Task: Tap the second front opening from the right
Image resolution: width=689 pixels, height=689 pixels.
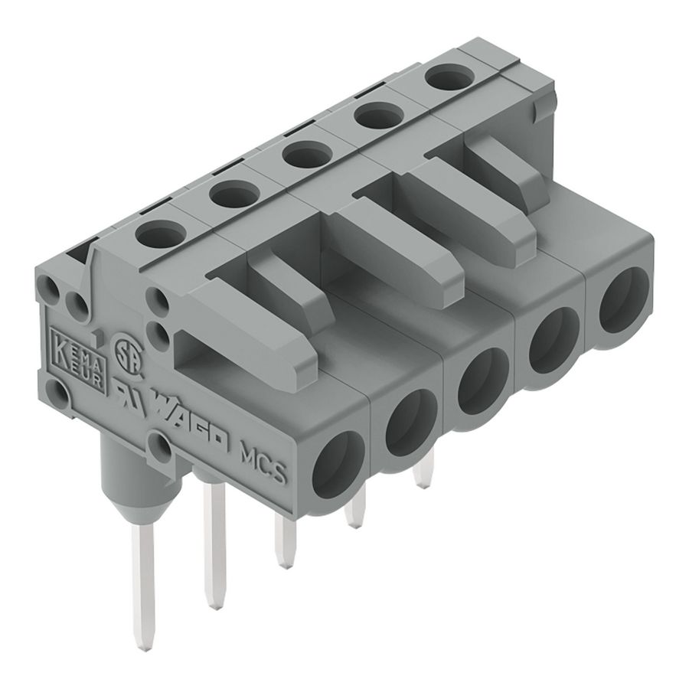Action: pyautogui.click(x=551, y=341)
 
